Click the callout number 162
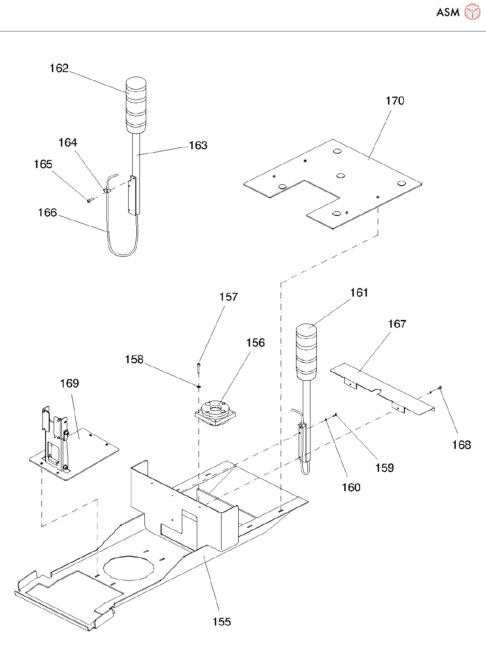59,68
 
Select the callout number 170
395,101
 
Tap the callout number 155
222,622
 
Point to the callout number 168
461,445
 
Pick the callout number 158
134,360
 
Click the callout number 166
47,213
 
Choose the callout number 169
69,384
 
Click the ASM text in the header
448,13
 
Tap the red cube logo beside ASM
472,12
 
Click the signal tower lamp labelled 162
136,105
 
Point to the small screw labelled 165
89,201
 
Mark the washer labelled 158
199,386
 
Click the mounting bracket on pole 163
132,195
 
